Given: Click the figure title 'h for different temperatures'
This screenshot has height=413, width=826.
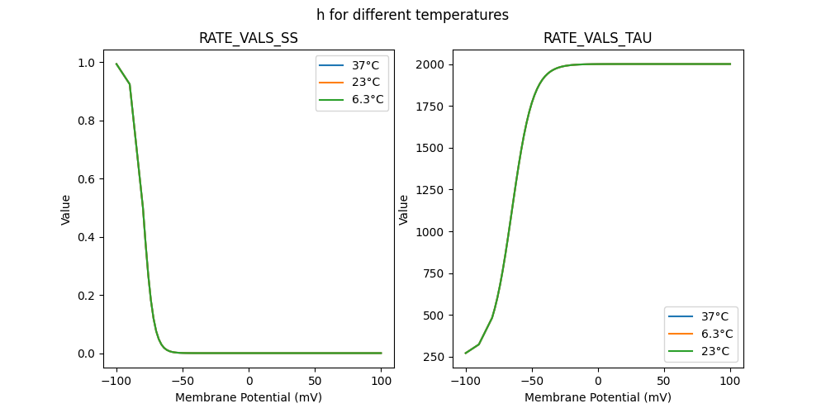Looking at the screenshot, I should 412,15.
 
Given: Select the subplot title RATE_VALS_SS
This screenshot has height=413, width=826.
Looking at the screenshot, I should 249,38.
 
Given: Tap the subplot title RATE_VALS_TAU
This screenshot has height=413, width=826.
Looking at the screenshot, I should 597,38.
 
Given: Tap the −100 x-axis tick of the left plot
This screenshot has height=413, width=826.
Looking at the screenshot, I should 116,381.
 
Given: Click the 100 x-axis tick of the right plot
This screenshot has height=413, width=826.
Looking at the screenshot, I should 730,381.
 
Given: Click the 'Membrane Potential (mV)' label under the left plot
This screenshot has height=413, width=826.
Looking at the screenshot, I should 249,397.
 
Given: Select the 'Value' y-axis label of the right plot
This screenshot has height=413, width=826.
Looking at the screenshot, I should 404,209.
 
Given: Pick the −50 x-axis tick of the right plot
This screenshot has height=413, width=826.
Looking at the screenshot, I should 531,381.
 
